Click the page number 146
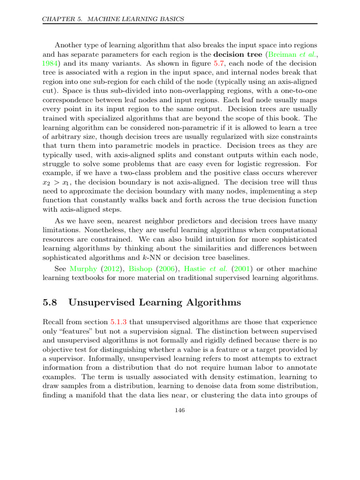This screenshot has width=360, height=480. (180, 411)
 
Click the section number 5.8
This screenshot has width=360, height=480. (50, 302)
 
